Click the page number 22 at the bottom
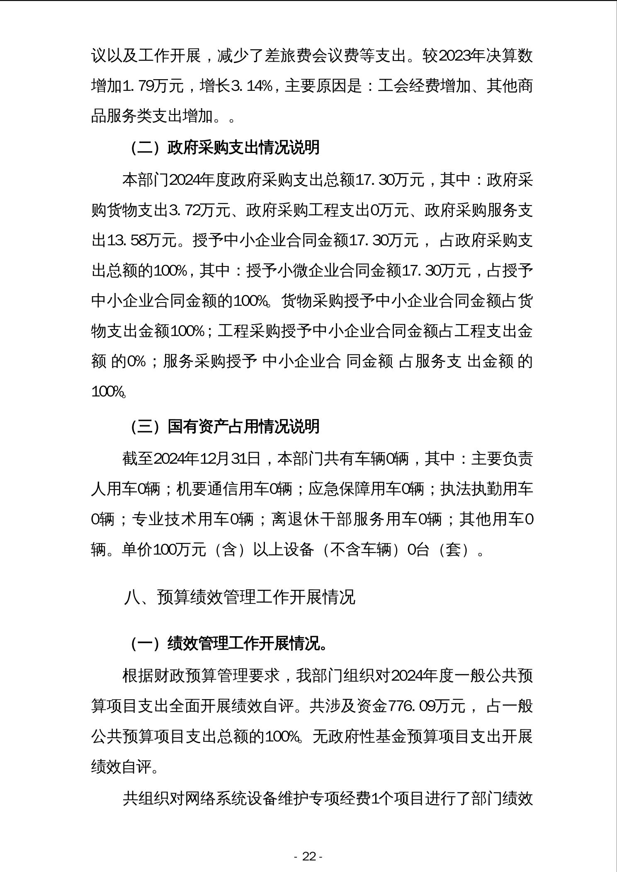point(308,856)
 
